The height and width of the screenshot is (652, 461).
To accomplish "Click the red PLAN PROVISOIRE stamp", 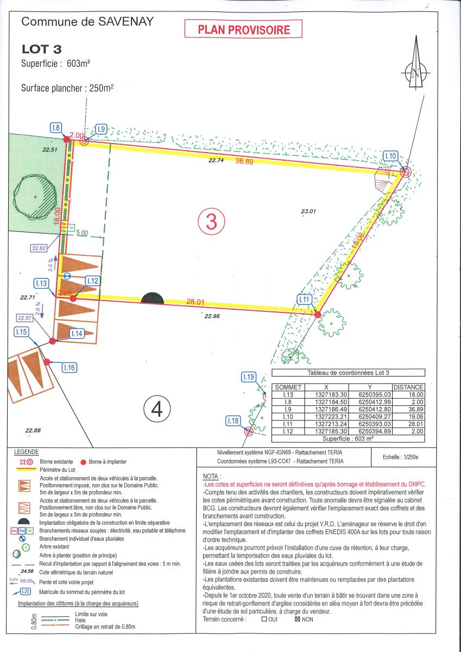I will point(243,29).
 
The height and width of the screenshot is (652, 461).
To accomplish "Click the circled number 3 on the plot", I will point(211,221).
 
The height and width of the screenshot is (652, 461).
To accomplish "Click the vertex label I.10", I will point(390,156).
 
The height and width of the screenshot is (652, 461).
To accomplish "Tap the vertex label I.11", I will point(304,299).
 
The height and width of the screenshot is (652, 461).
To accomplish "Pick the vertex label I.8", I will point(56,128).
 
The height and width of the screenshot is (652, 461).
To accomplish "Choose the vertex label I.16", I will point(69,368).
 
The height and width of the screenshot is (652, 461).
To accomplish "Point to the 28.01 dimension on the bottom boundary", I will point(194,302).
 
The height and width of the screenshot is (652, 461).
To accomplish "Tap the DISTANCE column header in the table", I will point(408,387).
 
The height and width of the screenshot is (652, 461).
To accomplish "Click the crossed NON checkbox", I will point(297,619).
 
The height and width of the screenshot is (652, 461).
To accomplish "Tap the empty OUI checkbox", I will point(264,619).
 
